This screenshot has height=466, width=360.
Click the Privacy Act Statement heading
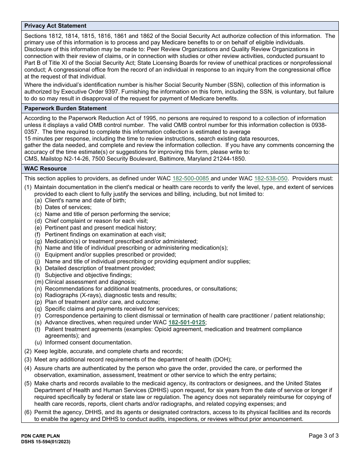pos(55,26)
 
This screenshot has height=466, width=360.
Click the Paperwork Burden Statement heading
pos(66,108)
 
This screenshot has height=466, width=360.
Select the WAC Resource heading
pos(45,169)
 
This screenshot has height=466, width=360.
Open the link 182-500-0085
pos(191,178)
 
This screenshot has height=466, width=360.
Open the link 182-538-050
pos(271,178)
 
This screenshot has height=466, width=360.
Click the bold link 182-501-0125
pos(187,322)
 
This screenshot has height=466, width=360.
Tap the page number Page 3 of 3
pos(324,436)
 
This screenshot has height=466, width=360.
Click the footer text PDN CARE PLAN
pos(41,436)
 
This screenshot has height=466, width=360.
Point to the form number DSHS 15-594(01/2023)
pos(46,442)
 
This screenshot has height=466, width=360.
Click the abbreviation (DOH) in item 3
pos(222,360)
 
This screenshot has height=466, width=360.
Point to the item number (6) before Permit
pos(28,412)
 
